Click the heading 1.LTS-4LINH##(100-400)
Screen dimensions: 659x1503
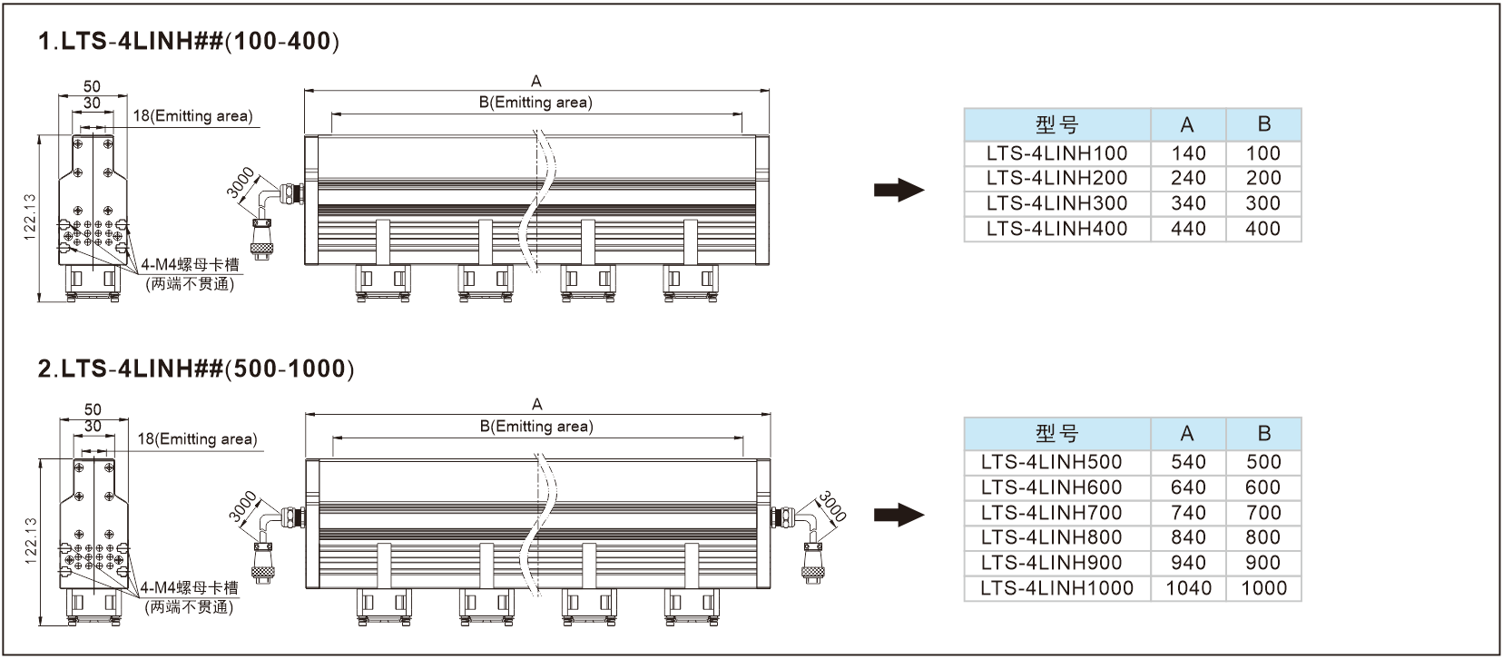189,42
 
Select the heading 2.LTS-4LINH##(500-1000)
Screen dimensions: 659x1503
196,369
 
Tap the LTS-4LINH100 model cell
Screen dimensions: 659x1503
1056,153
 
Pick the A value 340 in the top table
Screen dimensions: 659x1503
1188,203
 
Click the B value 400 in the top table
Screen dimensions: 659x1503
1262,229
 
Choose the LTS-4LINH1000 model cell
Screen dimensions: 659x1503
1056,588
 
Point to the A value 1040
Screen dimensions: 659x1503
1188,588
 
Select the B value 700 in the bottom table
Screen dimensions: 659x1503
1262,513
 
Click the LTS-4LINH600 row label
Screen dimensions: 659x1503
1056,487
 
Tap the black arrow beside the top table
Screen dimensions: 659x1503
899,191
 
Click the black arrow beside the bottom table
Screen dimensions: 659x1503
899,516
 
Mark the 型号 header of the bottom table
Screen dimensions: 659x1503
1056,434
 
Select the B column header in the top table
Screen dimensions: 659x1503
1263,124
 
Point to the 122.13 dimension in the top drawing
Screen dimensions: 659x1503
29,217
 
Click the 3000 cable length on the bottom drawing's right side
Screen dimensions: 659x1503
832,506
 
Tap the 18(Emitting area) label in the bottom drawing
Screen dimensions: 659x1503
197,439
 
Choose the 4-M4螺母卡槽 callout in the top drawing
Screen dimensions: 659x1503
190,265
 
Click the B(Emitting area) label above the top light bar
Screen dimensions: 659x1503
535,103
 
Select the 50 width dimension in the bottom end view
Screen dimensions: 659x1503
93,409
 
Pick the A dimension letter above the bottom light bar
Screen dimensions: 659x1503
537,404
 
